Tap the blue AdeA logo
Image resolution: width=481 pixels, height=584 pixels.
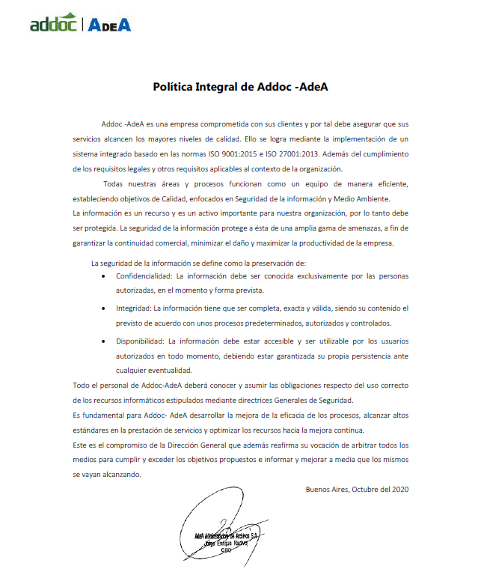click(109, 24)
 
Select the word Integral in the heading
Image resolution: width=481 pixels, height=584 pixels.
click(226, 87)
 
